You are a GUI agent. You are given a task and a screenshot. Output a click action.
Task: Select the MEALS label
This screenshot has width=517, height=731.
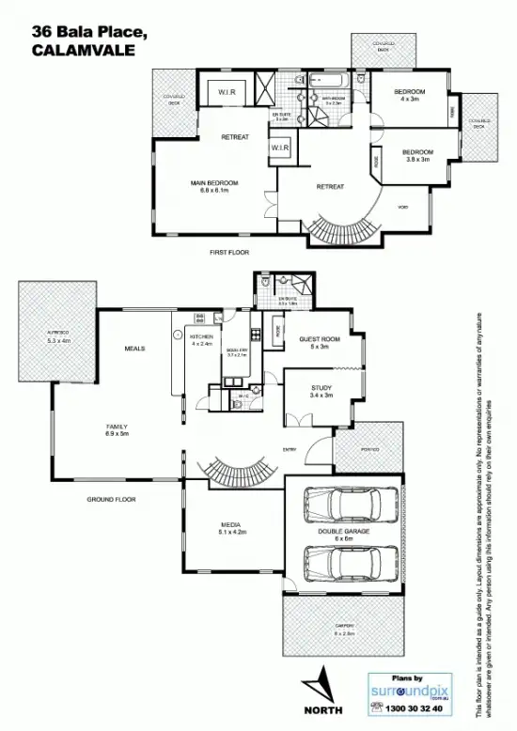click(x=134, y=349)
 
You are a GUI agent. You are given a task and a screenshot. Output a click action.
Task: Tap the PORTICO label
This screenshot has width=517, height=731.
click(x=369, y=450)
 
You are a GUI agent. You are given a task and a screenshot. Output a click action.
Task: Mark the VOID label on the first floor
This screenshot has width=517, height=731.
click(x=402, y=207)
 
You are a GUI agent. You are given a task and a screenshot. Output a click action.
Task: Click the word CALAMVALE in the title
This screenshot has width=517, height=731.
click(x=78, y=53)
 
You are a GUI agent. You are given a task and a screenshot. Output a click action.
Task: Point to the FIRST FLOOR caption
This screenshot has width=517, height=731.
click(x=228, y=253)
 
